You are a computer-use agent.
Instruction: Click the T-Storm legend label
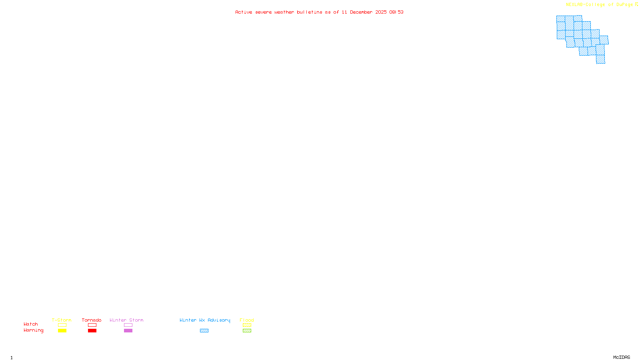pyautogui.click(x=62, y=320)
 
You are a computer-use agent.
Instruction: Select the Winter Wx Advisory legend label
pyautogui.click(x=205, y=320)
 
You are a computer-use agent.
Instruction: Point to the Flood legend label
pyautogui.click(x=247, y=320)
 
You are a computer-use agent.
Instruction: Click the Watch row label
pyautogui.click(x=31, y=324)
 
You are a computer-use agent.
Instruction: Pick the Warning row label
pyautogui.click(x=34, y=330)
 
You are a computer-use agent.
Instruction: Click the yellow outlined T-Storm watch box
pyautogui.click(x=62, y=325)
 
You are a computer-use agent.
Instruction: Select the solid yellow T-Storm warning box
pyautogui.click(x=62, y=331)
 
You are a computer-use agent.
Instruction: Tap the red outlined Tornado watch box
pyautogui.click(x=92, y=325)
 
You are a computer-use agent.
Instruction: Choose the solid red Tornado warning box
pyautogui.click(x=92, y=331)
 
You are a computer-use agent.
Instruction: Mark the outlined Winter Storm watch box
pyautogui.click(x=128, y=325)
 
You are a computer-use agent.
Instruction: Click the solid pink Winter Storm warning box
pyautogui.click(x=128, y=331)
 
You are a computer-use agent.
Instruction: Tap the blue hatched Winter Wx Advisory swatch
pyautogui.click(x=204, y=331)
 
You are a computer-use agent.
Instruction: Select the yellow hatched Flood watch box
pyautogui.click(x=247, y=325)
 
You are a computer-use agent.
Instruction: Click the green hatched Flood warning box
pyautogui.click(x=247, y=331)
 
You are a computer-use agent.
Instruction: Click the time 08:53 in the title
pyautogui.click(x=396, y=12)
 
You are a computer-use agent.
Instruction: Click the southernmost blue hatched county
pyautogui.click(x=600, y=59)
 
